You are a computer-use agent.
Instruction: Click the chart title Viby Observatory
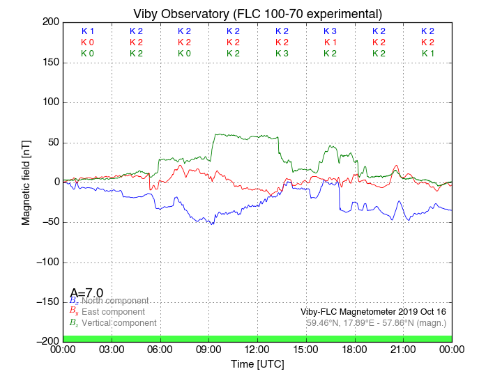[x=257, y=14]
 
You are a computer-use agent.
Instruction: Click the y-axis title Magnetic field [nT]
[x=26, y=182]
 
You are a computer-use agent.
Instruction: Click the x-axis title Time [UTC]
[x=257, y=364]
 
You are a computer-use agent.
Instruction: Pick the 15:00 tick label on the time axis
[x=306, y=349]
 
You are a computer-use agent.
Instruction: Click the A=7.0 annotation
[x=86, y=293]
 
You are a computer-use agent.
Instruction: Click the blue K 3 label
[x=330, y=31]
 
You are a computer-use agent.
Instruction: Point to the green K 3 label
[x=282, y=54]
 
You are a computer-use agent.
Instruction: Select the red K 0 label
[x=87, y=42]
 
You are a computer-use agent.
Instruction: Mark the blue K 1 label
[x=87, y=31]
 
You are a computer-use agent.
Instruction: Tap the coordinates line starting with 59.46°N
[x=376, y=323]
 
